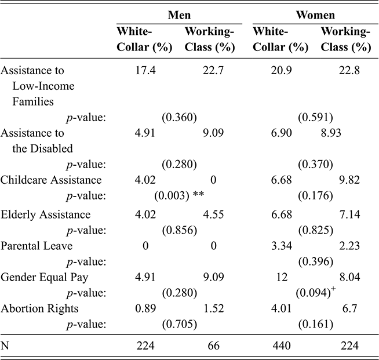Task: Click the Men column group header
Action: (176, 13)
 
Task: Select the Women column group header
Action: (315, 13)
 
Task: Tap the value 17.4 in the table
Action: (145, 71)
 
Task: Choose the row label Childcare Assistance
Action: (52, 180)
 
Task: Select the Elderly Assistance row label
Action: (46, 214)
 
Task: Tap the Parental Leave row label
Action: (37, 246)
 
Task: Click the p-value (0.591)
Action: (315, 118)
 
